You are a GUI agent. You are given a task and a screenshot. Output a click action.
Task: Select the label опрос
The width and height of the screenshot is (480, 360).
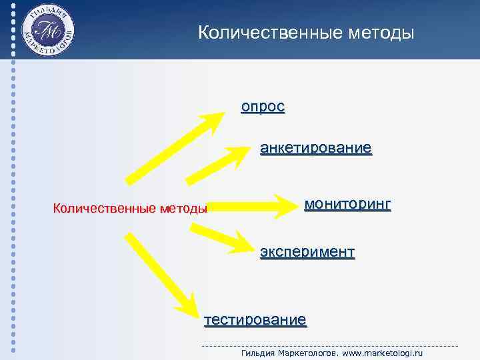pos(263,107)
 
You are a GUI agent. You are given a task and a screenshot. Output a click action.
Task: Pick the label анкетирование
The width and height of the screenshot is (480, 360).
pos(315,147)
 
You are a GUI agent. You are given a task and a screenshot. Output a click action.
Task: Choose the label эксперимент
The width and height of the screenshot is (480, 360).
pos(307,252)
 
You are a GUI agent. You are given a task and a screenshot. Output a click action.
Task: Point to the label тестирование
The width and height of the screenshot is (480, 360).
pos(255,319)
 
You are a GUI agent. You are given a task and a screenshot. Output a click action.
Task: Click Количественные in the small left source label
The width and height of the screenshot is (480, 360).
pos(104,209)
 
